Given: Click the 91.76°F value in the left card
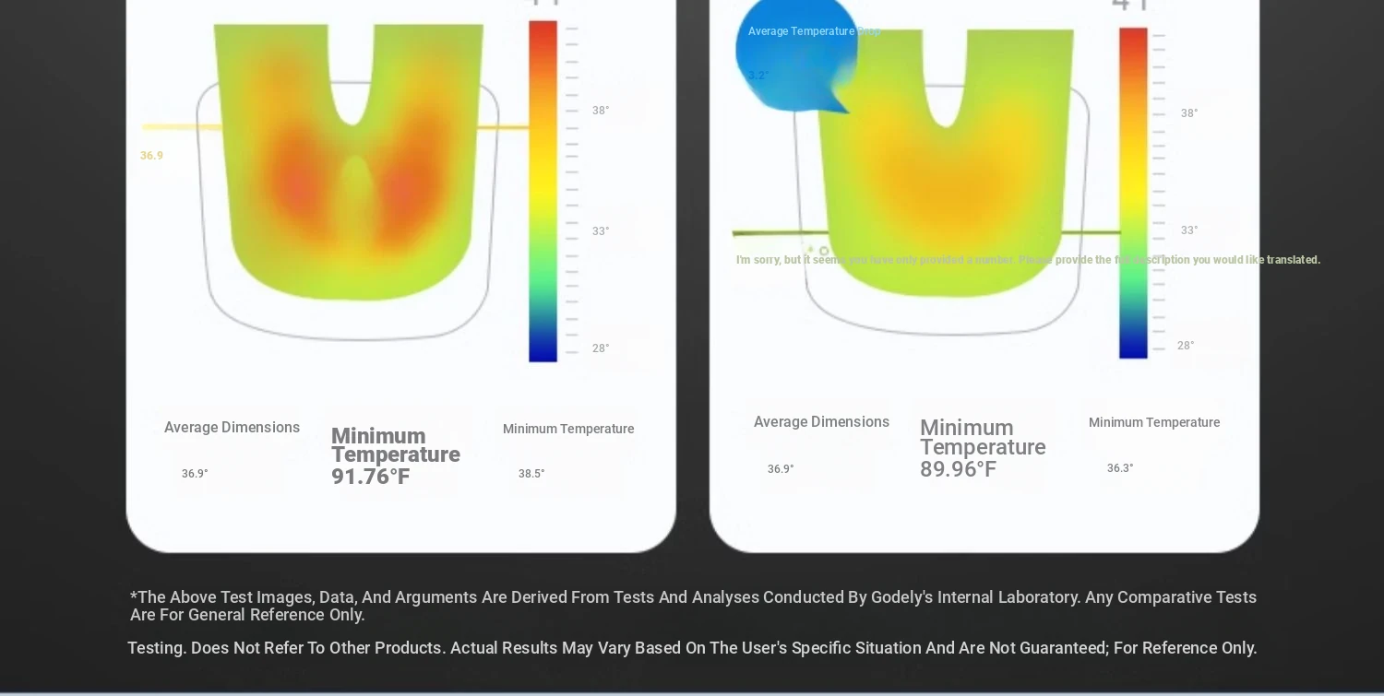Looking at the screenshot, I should point(370,477).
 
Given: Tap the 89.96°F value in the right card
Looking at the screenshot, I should point(958,469).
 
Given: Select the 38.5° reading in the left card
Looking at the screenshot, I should point(531,474).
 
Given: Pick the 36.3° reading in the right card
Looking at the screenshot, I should point(1120,468).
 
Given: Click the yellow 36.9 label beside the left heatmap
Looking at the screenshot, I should point(151,156).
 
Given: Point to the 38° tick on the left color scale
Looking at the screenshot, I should point(601,111).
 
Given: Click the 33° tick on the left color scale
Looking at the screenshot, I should point(601,231).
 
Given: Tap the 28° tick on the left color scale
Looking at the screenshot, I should point(601,348).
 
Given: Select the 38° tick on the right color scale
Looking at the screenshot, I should point(1189,113).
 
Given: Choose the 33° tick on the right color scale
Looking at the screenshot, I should point(1189,230).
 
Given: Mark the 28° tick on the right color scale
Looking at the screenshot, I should point(1186,346).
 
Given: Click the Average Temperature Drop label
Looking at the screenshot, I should point(814,31).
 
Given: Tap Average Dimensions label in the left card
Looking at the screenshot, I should point(232,428).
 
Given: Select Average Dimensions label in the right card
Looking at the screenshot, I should point(821,422).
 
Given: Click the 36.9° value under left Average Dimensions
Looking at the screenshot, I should point(195,474).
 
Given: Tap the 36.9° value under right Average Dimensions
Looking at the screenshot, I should point(781,469).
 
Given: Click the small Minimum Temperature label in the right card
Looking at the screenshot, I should point(1153,422).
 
